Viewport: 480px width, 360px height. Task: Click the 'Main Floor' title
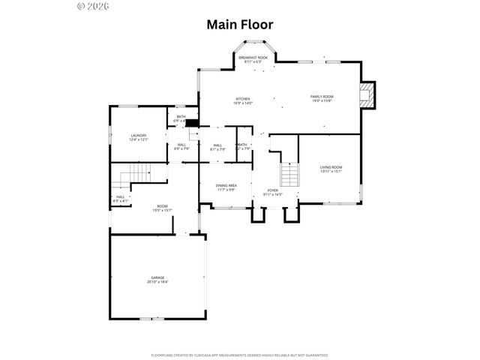point(240,25)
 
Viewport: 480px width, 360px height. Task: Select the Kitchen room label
point(243,99)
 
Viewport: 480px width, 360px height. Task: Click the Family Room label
point(322,97)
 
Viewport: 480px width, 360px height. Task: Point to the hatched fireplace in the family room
point(366,95)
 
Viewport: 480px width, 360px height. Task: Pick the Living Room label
point(331,167)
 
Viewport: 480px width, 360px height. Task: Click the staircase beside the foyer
point(290,175)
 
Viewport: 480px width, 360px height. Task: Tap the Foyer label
point(273,190)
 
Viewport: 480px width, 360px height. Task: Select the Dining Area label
point(226,185)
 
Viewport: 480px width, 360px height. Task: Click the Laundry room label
point(139,136)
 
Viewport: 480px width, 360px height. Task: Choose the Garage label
point(157,277)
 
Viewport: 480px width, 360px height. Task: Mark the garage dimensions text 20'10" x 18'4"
point(157,282)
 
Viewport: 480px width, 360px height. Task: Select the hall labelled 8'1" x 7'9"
point(217,147)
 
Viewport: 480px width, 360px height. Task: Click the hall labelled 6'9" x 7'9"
point(181,147)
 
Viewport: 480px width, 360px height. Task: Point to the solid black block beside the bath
point(192,124)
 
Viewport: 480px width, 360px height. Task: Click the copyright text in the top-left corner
point(93,6)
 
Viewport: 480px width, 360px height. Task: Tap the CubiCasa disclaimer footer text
point(240,355)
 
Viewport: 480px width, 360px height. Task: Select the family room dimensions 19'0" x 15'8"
point(322,101)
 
